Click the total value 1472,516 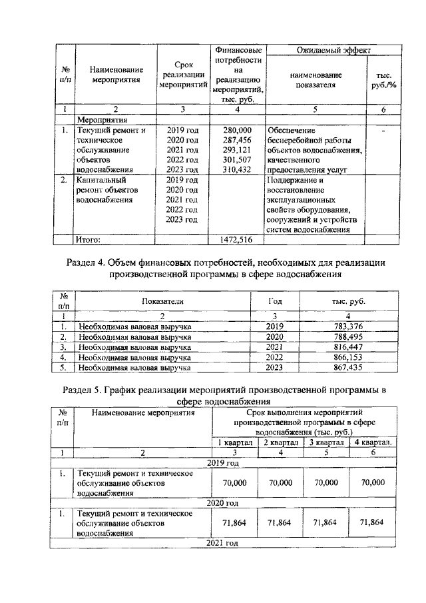(x=236, y=239)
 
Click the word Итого (x=88, y=239)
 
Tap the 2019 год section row (x=223, y=462)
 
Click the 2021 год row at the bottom (x=223, y=543)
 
